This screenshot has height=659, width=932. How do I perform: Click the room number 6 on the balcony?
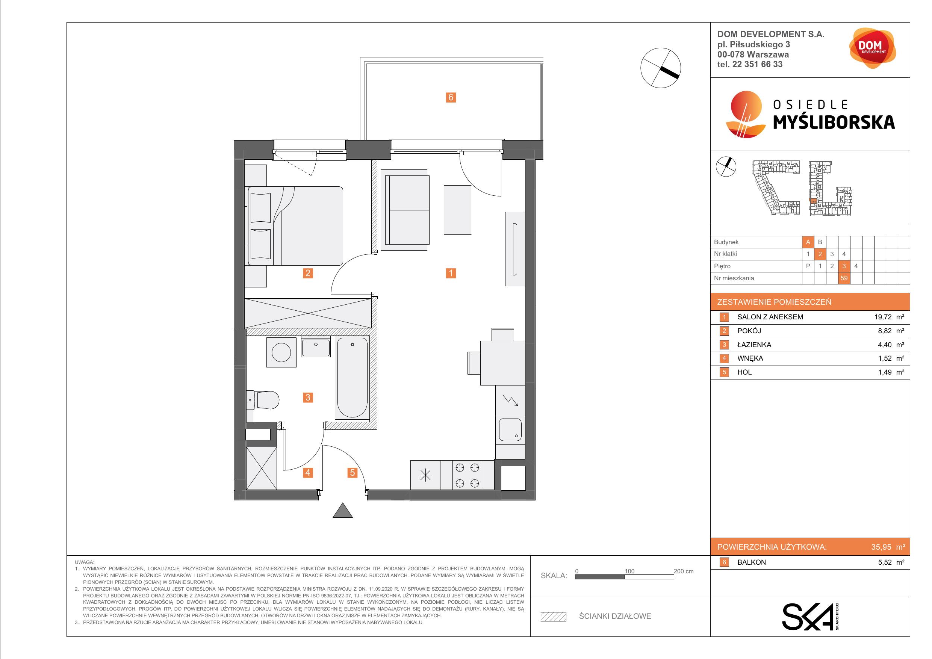tap(451, 97)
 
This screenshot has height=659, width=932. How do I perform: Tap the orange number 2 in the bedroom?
tap(308, 273)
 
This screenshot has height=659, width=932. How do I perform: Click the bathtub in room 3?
tap(352, 377)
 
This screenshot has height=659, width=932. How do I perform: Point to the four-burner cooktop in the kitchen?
tap(467, 475)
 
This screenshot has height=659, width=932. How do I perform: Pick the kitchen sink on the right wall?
tap(510, 430)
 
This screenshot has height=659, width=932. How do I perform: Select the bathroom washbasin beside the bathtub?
tap(316, 347)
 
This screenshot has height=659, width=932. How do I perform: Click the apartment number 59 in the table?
tap(844, 278)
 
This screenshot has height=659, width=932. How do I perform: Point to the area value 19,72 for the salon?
tap(883, 317)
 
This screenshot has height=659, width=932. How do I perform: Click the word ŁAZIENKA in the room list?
tap(754, 345)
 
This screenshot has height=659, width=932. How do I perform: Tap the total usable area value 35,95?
tap(881, 547)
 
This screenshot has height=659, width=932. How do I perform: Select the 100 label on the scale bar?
tap(629, 571)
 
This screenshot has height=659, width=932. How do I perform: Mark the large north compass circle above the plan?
tap(660, 68)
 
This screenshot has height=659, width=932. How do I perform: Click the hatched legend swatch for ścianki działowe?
tap(553, 617)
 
